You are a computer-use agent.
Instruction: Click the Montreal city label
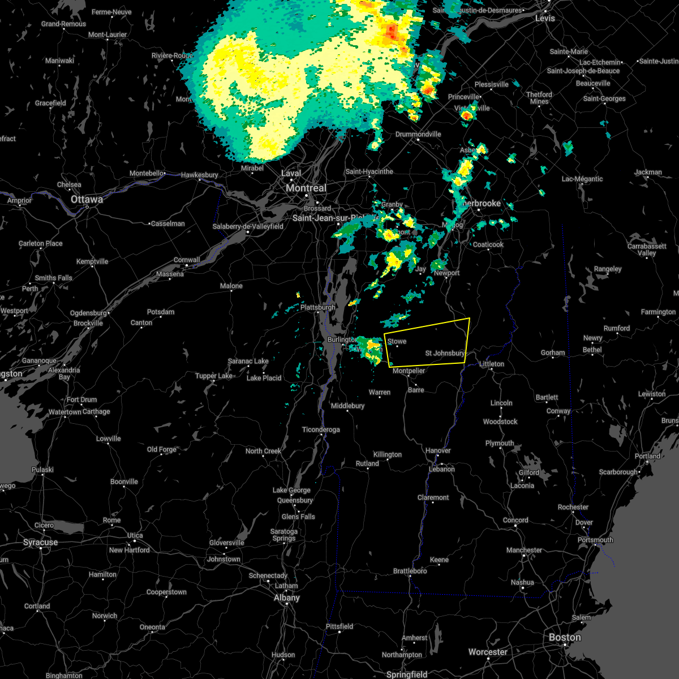[306, 188]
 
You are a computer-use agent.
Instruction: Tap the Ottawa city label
[87, 199]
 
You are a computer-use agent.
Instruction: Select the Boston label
[565, 637]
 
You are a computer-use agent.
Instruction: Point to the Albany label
[287, 598]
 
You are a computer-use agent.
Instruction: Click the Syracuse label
[41, 542]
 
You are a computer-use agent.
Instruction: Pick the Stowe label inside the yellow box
[397, 341]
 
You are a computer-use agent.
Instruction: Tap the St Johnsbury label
[445, 353]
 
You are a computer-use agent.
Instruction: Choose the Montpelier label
[409, 371]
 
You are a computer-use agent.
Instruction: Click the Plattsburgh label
[317, 307]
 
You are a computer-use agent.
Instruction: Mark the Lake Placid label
[264, 378]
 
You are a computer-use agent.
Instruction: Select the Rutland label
[367, 463]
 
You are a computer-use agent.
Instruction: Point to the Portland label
[647, 456]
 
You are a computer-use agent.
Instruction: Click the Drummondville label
[418, 134]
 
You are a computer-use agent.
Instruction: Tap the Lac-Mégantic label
[582, 179]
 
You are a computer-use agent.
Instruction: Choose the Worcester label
[488, 652]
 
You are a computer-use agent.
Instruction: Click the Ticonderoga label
[321, 429]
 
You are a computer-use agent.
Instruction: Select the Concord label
[515, 520]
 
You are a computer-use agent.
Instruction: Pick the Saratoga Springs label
[284, 535]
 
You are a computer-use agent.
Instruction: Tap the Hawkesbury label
[199, 175]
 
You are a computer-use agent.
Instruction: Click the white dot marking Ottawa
[87, 207]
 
